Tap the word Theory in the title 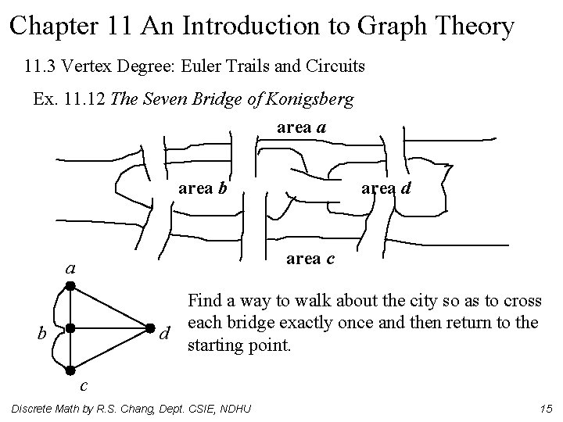click(470, 26)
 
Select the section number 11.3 click(45, 66)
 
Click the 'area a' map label click(302, 127)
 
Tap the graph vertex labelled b click(69, 328)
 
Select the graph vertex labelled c click(69, 369)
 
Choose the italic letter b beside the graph click(43, 334)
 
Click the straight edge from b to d click(109, 328)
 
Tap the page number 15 click(545, 409)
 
